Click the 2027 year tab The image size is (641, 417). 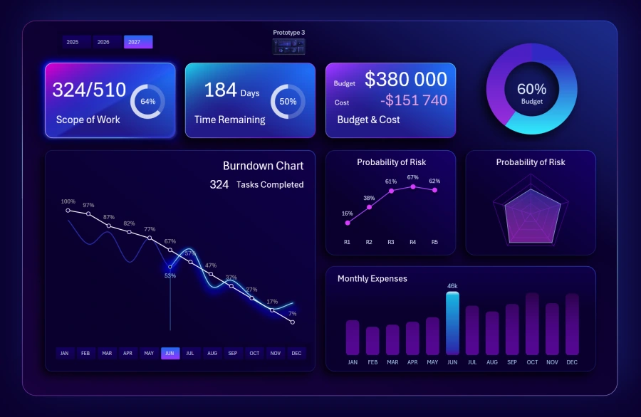click(137, 42)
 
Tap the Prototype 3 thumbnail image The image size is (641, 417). click(289, 46)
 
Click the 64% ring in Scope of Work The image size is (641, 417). click(147, 102)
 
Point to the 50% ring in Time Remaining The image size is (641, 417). click(288, 102)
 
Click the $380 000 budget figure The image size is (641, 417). click(406, 80)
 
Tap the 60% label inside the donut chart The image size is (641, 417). click(531, 90)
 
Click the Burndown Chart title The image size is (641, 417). click(263, 166)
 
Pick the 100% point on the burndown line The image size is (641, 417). click(68, 210)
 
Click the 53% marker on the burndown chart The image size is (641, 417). click(170, 268)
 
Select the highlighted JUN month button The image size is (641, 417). click(170, 353)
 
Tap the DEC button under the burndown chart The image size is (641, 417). click(296, 353)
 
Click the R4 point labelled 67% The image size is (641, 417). click(413, 186)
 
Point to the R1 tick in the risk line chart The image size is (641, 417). click(347, 242)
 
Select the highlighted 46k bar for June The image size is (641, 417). click(452, 323)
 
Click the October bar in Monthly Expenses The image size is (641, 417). click(532, 324)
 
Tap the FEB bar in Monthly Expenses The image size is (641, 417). click(372, 340)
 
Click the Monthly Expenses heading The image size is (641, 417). click(372, 278)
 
